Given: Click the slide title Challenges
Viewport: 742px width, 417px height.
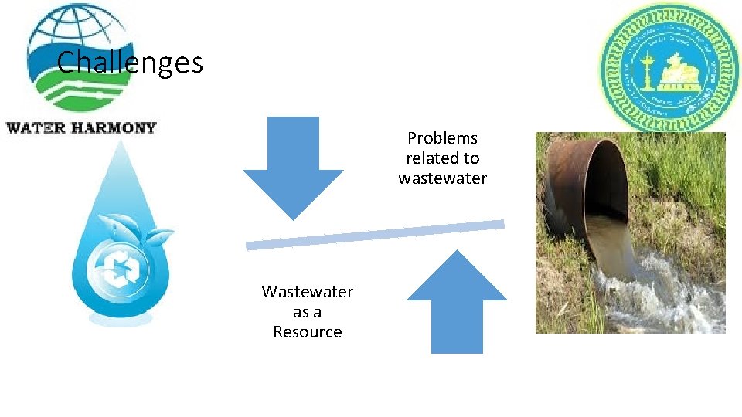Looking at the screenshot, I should point(130,63).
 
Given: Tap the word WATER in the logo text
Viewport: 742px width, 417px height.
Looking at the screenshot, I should point(34,127).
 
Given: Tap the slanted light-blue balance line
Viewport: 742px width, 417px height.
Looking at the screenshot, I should point(375,235).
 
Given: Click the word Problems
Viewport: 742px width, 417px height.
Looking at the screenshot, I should point(443,138).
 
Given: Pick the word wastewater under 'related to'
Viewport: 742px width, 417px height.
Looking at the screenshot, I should point(443,178).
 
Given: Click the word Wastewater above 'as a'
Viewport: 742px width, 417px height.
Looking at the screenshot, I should point(307,292).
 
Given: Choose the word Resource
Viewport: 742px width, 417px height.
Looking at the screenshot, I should point(307,332).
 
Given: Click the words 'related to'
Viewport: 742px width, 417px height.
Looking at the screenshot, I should point(443,158).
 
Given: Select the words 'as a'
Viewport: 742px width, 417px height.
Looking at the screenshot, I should point(307,312).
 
